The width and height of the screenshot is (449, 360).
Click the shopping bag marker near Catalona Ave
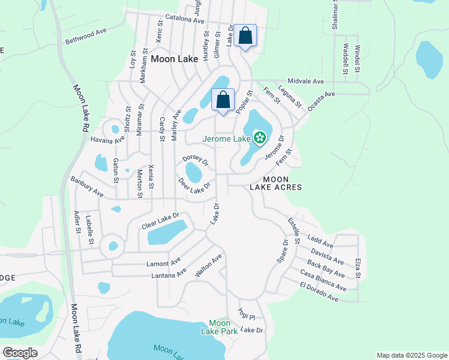pos(246,36)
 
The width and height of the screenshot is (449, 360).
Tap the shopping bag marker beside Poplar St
pos(223,100)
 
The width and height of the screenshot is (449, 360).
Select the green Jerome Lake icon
pos(260,139)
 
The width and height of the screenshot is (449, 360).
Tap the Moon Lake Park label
pos(219,327)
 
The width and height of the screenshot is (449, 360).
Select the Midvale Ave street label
pos(306,81)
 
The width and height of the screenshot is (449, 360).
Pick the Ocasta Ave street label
pos(321,100)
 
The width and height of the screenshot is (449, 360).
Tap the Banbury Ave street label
pos(87,187)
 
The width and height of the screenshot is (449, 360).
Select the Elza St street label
pos(358,268)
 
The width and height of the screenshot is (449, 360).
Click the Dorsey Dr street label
pos(196,160)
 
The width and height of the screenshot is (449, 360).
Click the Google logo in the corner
pos(20,353)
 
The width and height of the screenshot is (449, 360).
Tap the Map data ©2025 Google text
pos(412,355)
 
